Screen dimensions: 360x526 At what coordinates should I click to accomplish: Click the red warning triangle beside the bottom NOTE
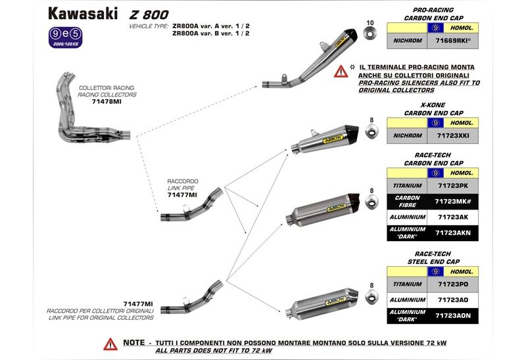click(x=110, y=343)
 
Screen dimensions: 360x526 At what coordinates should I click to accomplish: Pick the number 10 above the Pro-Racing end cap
click(x=369, y=22)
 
